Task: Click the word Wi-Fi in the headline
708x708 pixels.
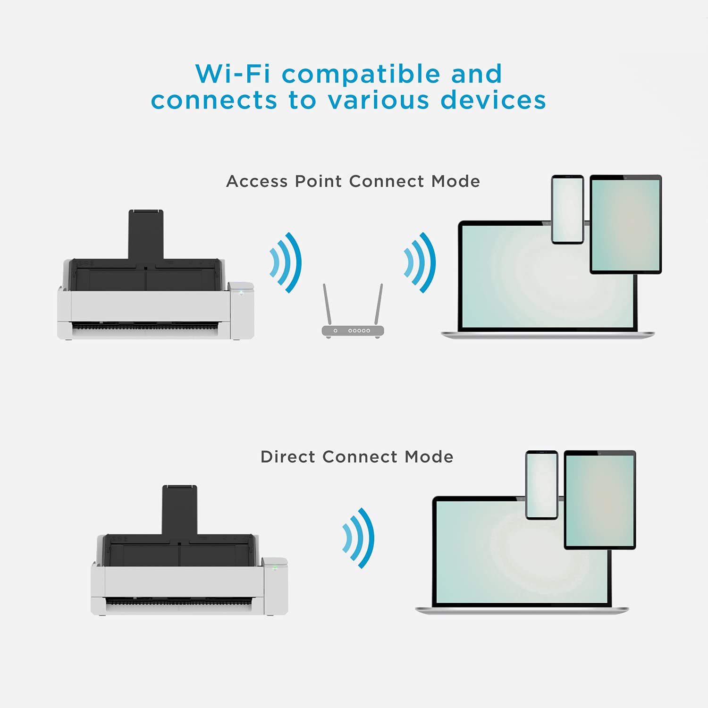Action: tap(233, 74)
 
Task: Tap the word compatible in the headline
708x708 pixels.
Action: tap(361, 75)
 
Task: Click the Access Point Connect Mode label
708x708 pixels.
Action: tap(353, 181)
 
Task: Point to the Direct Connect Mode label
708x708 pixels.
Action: tap(357, 457)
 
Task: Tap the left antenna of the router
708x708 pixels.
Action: tap(327, 304)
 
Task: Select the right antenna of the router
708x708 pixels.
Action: tap(379, 304)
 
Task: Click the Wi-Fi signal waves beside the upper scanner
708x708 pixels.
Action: tap(286, 262)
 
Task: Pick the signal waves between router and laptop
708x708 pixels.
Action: tap(420, 262)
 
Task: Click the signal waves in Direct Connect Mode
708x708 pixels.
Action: tap(359, 538)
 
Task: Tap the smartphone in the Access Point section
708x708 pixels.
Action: tap(567, 210)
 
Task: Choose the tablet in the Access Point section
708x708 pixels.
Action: tap(625, 224)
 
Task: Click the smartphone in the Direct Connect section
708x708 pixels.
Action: tap(541, 485)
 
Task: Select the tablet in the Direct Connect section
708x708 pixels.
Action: tap(600, 500)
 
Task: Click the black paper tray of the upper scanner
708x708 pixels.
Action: tap(146, 234)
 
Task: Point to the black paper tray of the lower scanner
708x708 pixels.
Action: tap(179, 510)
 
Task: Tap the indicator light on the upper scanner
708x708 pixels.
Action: tap(241, 293)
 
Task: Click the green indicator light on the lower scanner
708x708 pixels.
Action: tap(275, 568)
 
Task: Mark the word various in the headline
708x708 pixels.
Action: tap(378, 100)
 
